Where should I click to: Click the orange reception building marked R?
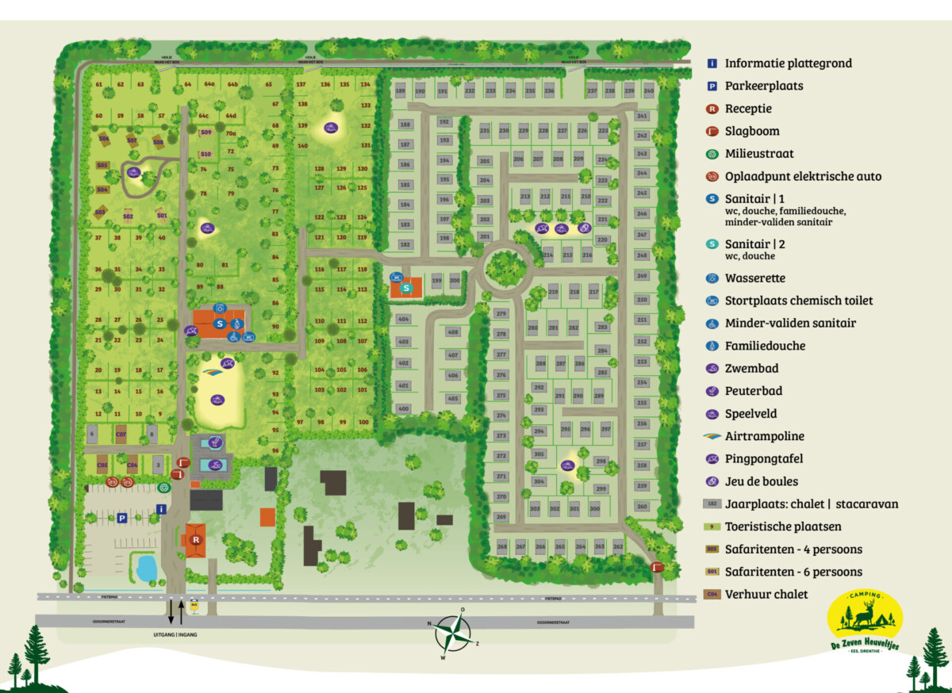[194, 539]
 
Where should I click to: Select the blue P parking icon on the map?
[122, 518]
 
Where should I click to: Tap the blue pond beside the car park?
[145, 567]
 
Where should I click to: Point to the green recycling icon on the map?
[163, 487]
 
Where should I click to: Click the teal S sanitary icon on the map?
[407, 288]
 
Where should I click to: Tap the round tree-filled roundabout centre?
[505, 267]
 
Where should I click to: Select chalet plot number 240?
[649, 91]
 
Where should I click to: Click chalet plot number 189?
[400, 91]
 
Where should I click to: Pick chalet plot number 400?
[403, 409]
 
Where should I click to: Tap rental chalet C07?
[121, 435]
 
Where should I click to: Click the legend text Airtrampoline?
[764, 436]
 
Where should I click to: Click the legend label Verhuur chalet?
[766, 594]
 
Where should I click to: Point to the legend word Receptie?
[748, 109]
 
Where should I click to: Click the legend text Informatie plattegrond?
[788, 63]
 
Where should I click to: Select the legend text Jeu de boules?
[761, 481]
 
